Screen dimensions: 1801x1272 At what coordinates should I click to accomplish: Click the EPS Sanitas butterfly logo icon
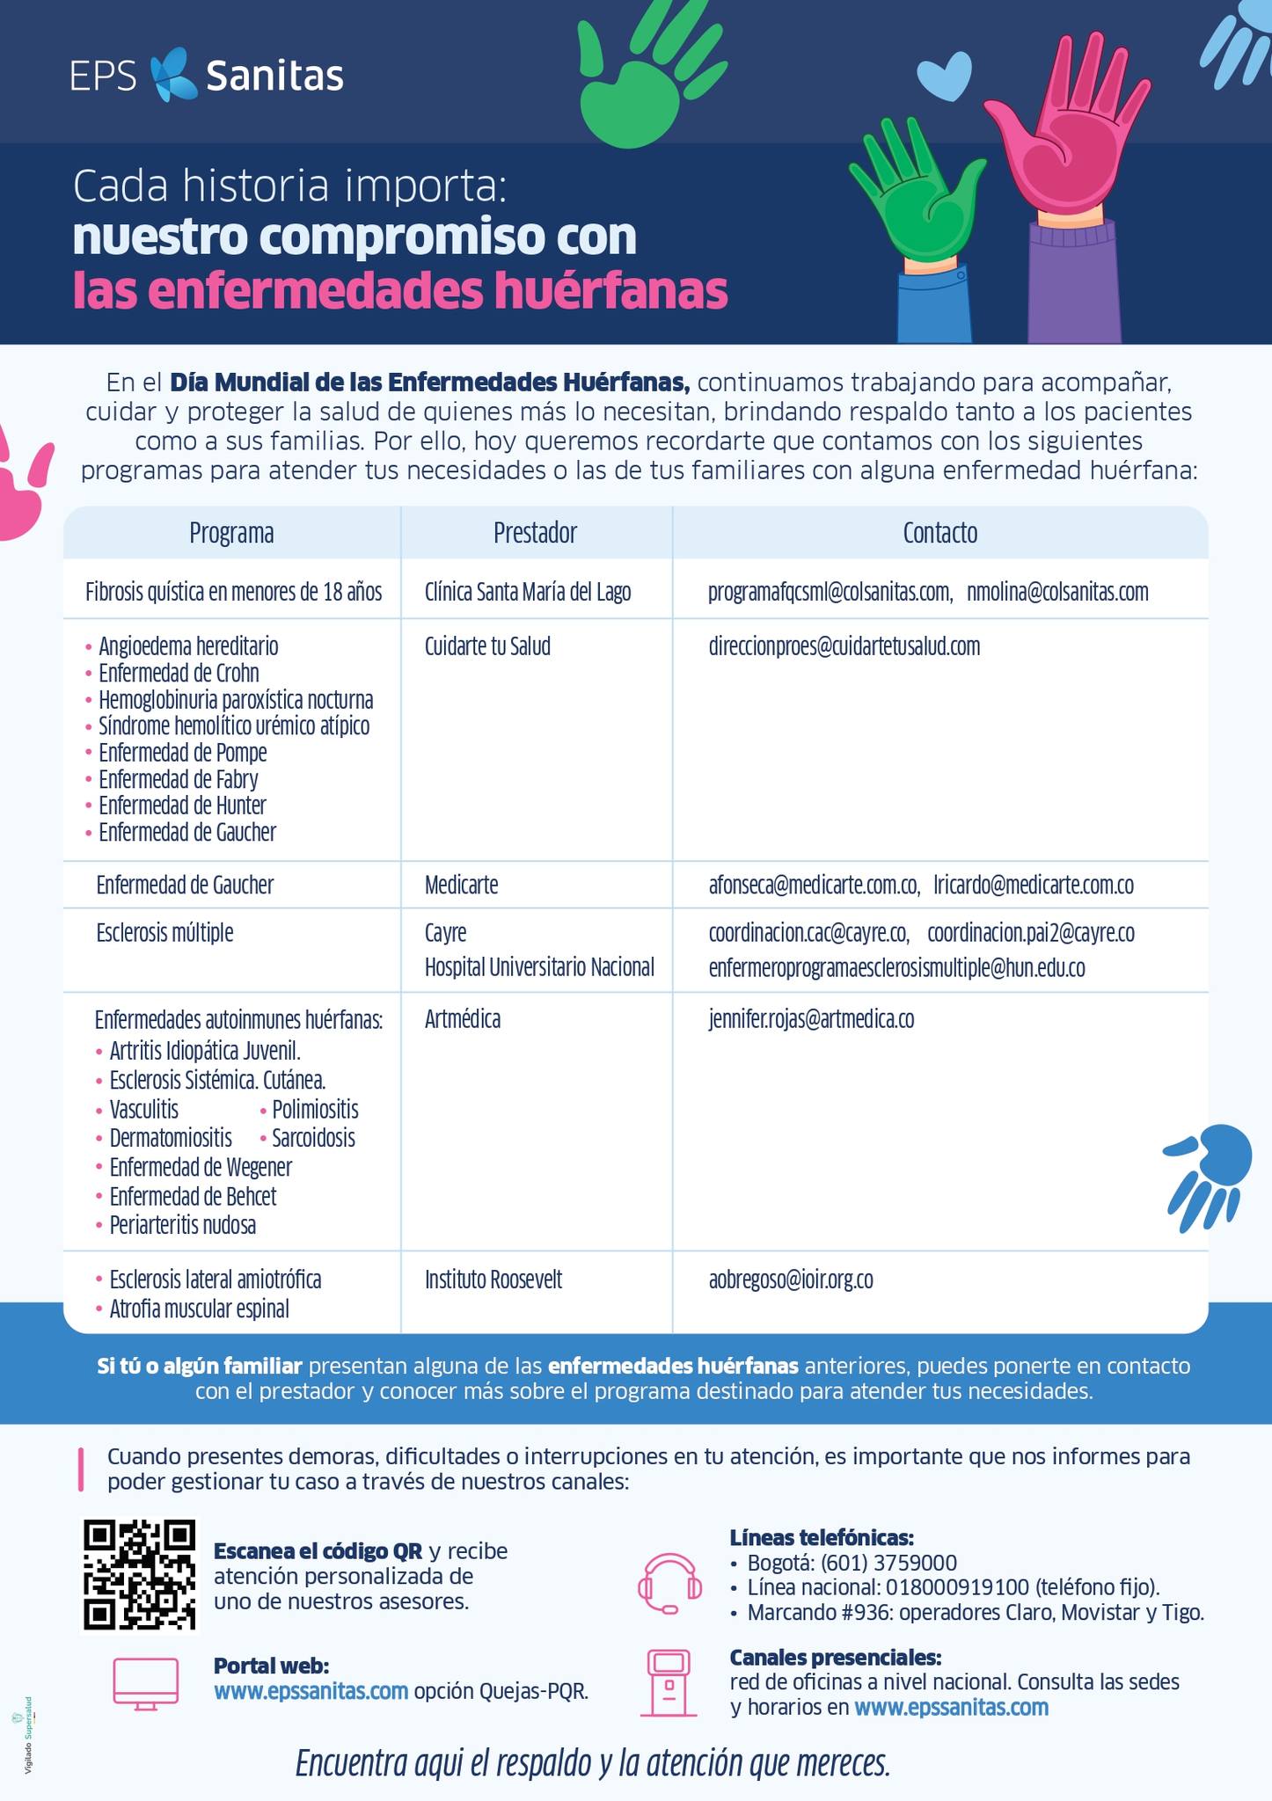173,75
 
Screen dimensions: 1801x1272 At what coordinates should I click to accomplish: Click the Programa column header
231,533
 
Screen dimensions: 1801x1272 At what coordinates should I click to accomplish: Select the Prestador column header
535,533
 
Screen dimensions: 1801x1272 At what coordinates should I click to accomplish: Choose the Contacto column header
939,533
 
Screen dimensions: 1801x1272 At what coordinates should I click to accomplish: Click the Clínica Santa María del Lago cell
528,592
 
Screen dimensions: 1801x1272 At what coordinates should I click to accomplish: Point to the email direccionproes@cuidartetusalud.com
844,647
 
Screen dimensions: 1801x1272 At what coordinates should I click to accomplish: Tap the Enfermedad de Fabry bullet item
178,779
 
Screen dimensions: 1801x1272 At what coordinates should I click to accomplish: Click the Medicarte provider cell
461,885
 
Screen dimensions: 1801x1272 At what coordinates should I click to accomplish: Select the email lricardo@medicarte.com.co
1034,885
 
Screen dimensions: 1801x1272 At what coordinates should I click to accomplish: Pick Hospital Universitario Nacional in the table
539,967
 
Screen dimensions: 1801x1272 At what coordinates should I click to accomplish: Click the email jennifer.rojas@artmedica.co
811,1019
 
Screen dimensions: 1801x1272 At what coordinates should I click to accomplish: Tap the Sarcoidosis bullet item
313,1138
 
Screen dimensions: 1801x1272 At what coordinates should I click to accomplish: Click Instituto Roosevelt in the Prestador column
493,1280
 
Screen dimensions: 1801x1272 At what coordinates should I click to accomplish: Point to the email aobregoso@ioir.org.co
791,1280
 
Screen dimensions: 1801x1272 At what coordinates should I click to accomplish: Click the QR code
139,1573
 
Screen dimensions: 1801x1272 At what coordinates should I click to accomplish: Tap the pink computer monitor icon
146,1683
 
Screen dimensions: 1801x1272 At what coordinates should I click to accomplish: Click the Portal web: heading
271,1666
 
